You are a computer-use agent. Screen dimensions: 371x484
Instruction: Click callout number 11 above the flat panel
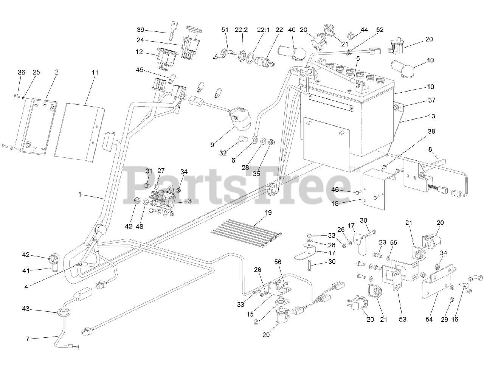[x=95, y=72]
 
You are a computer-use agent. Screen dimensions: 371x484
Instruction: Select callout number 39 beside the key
[x=141, y=30]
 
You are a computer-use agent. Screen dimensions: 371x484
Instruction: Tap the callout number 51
[x=225, y=30]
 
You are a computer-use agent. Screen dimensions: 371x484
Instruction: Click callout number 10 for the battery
[x=431, y=87]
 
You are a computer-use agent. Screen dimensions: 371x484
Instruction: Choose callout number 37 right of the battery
[x=432, y=100]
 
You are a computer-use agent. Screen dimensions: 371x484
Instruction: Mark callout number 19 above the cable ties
[x=268, y=213]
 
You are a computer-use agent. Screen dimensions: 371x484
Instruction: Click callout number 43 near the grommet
[x=26, y=309]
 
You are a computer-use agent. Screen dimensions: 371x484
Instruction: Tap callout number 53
[x=402, y=319]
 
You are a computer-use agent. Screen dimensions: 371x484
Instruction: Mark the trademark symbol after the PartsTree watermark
[x=351, y=169]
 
